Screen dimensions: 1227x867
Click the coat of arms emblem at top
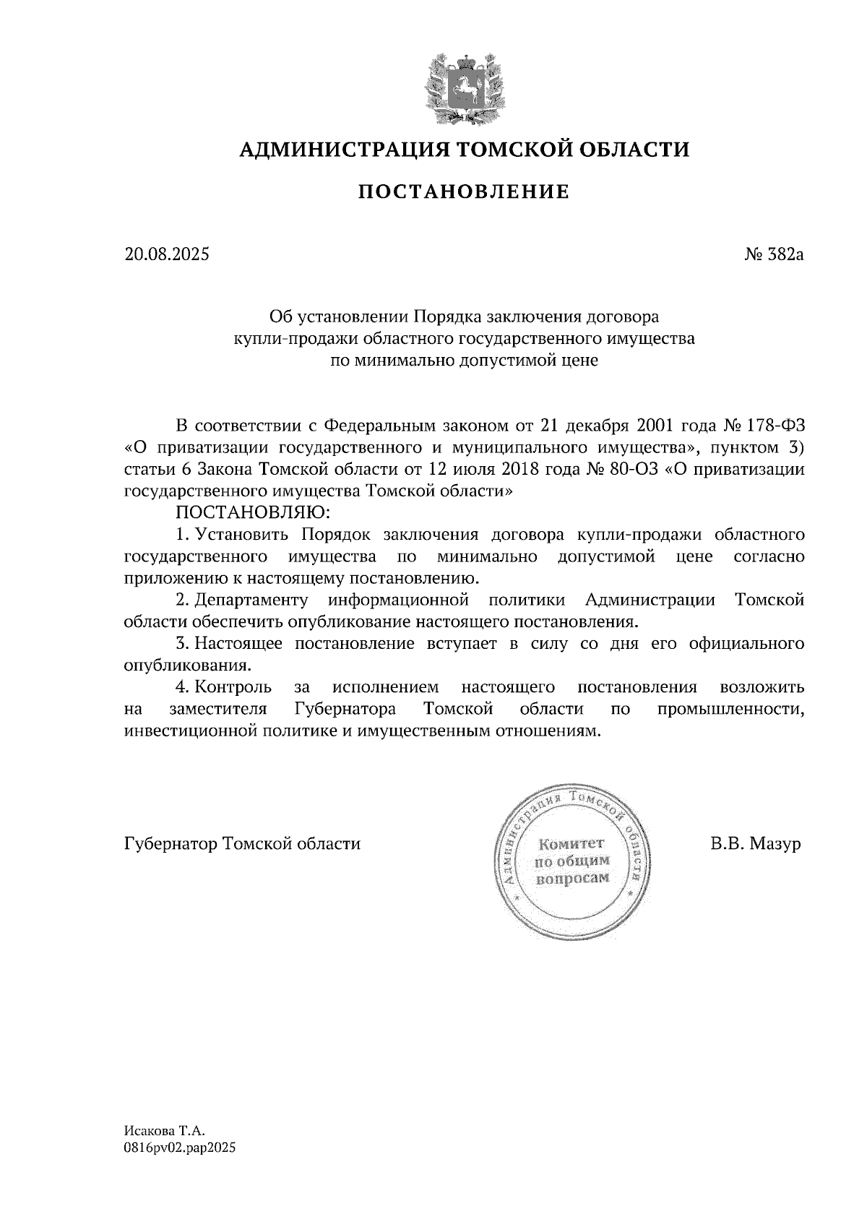(x=464, y=85)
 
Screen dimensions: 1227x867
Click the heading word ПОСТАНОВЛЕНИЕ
(x=464, y=192)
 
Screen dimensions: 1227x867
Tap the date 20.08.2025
(x=167, y=254)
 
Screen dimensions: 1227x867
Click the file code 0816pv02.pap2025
(x=180, y=1147)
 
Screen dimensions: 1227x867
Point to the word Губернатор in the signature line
(x=171, y=843)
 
